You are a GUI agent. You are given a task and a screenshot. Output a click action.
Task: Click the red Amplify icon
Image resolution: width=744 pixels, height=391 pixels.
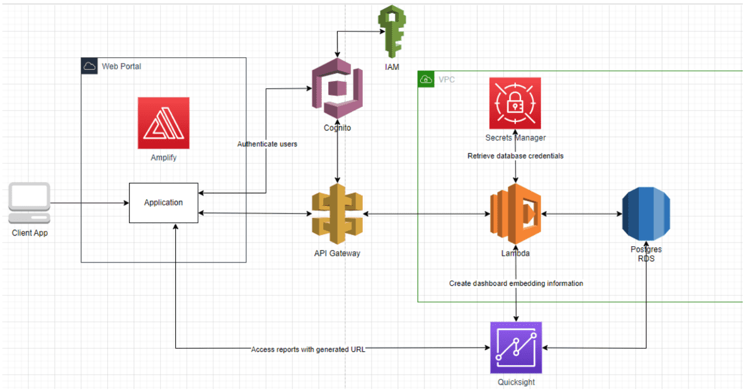[x=164, y=123]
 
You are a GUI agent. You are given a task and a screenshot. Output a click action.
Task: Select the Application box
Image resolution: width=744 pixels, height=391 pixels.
[x=164, y=203]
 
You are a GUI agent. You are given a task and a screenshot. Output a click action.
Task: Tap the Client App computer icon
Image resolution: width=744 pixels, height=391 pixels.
[x=29, y=203]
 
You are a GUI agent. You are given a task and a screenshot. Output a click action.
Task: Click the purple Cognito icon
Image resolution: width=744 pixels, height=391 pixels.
[x=338, y=88]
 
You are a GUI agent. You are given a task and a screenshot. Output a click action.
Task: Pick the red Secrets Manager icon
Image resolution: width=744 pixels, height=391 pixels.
[x=515, y=103]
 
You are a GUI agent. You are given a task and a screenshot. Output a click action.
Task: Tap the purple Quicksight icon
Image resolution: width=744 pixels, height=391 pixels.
[x=516, y=348]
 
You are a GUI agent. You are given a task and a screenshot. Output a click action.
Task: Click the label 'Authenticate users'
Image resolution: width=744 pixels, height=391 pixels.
[x=267, y=144]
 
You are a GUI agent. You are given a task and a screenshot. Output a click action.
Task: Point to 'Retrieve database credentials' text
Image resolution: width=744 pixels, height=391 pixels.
[x=515, y=156]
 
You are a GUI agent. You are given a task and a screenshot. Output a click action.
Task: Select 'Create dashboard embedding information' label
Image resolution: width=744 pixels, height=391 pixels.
[x=516, y=283]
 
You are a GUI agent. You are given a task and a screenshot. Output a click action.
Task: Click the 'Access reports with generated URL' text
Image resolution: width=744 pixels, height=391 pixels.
[x=307, y=349]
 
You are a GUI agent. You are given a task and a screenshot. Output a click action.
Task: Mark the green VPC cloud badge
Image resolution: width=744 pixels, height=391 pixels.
[x=426, y=79]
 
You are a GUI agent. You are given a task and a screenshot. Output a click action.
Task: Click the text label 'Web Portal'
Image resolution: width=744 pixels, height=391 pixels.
[x=122, y=66]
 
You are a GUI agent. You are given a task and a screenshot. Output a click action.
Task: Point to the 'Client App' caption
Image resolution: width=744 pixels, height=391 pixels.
[x=30, y=233]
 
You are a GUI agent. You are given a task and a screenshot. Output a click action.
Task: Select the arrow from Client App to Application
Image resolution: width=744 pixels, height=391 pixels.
[x=88, y=203]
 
